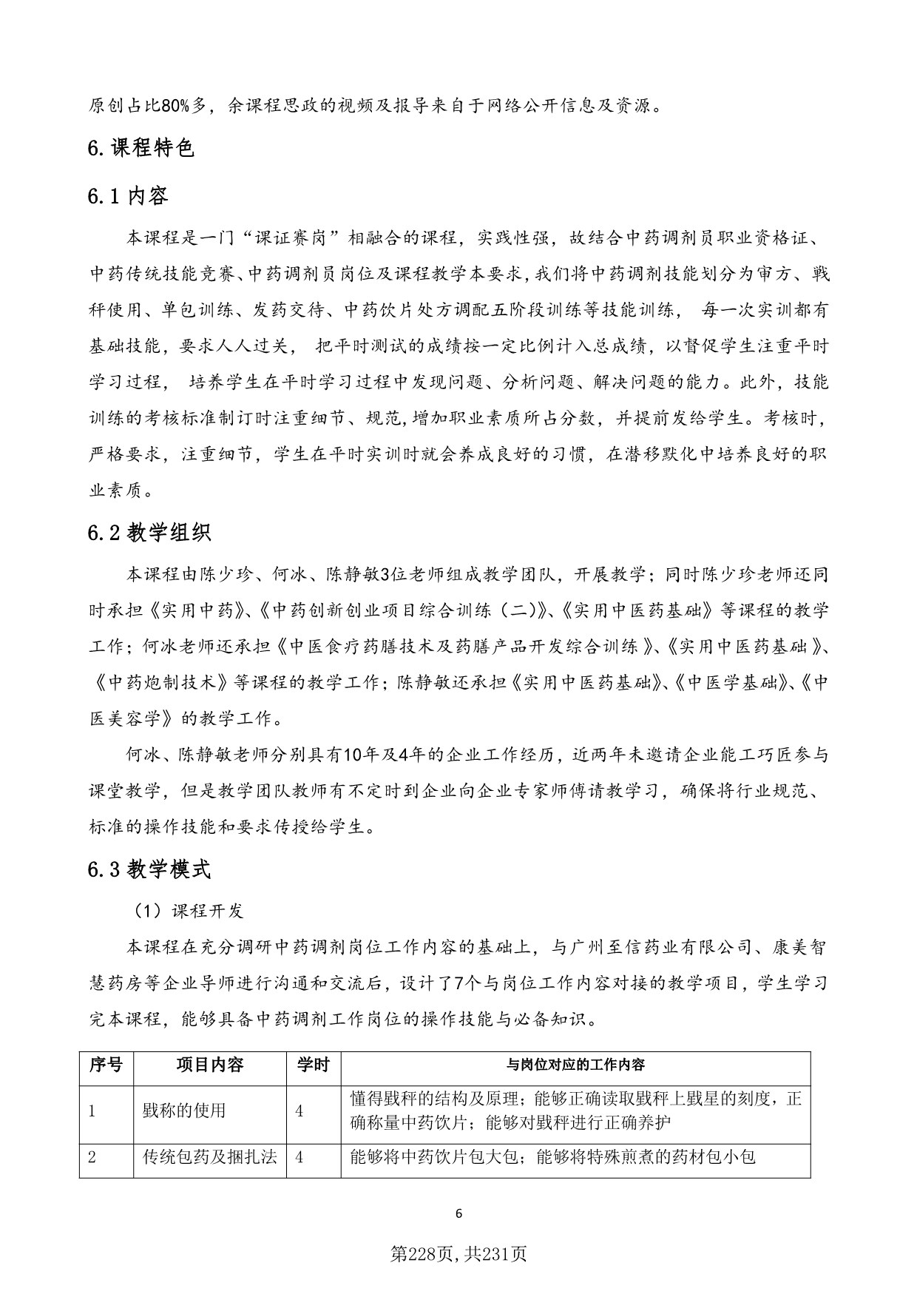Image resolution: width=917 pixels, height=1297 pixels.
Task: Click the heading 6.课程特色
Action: pyautogui.click(x=141, y=149)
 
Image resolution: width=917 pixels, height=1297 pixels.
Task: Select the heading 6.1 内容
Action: pyautogui.click(x=128, y=196)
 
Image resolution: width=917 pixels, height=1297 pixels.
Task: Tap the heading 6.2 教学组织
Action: pyautogui.click(x=149, y=533)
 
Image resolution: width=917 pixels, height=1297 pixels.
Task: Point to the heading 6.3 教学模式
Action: pyautogui.click(x=149, y=869)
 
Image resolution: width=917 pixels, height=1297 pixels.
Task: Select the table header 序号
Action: pyautogui.click(x=106, y=1065)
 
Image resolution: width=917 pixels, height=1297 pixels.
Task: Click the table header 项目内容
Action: pyautogui.click(x=210, y=1065)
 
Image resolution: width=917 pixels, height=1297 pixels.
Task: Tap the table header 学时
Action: pyautogui.click(x=313, y=1065)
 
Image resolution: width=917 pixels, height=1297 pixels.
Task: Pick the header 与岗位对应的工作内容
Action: pyautogui.click(x=575, y=1065)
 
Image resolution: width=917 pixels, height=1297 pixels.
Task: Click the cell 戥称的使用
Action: pyautogui.click(x=184, y=1111)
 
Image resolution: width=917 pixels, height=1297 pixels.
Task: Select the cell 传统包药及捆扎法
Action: pyautogui.click(x=210, y=1156)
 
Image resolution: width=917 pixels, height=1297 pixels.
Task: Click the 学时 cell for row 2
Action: pyautogui.click(x=300, y=1156)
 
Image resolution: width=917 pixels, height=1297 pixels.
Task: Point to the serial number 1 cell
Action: pyautogui.click(x=92, y=1111)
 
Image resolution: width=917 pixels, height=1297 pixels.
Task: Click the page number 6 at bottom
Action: pyautogui.click(x=458, y=1213)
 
